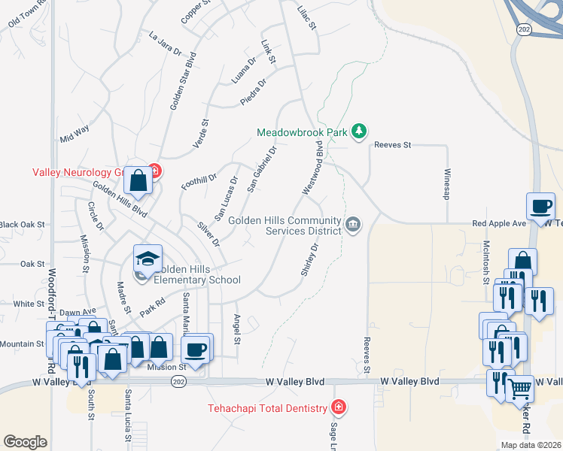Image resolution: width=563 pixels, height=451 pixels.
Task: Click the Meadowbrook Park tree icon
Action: pos(360,132)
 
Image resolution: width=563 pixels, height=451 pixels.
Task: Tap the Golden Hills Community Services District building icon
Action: pos(352,225)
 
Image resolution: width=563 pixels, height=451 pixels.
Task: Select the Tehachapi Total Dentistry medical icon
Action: pos(339,408)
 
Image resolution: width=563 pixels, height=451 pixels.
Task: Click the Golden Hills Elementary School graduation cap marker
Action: pos(148,259)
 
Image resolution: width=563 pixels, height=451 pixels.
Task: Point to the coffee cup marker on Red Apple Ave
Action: pos(542,206)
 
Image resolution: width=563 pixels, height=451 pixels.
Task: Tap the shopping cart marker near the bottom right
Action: pos(519,389)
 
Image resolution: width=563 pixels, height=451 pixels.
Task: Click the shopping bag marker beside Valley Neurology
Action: pos(138,180)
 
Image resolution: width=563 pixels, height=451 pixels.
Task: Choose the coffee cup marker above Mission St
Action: pos(196,349)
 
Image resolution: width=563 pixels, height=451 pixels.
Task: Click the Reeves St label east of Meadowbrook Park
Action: pos(393,144)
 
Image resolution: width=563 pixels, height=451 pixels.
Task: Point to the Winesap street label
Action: pos(446,183)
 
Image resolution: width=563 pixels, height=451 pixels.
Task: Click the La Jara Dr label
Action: pos(166,44)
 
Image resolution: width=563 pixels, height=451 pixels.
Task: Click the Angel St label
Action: pos(236,329)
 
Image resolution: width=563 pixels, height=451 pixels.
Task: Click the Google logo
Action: pos(25,442)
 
